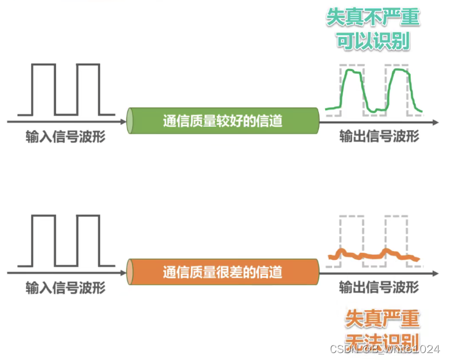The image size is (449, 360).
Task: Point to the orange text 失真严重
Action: pyautogui.click(x=382, y=318)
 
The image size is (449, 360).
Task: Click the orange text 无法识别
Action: pyautogui.click(x=382, y=341)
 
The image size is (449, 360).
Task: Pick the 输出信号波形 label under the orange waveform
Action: pyautogui.click(x=378, y=287)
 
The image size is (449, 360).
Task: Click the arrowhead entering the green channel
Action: pyautogui.click(x=122, y=122)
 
